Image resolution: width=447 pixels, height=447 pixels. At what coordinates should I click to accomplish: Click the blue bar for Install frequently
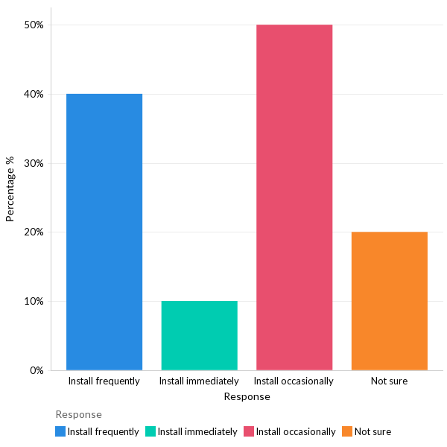pyautogui.click(x=104, y=232)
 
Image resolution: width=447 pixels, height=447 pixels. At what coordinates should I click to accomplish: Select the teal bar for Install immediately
pyautogui.click(x=199, y=335)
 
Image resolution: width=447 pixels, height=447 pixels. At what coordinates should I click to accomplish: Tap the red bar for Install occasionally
pyautogui.click(x=294, y=197)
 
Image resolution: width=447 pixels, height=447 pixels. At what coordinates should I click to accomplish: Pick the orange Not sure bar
pyautogui.click(x=389, y=301)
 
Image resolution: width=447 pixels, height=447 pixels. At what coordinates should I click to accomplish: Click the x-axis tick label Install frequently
pyautogui.click(x=104, y=381)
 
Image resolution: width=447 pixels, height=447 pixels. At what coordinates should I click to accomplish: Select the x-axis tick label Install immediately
pyautogui.click(x=199, y=381)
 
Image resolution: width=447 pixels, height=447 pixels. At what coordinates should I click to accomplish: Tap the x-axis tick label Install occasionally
pyautogui.click(x=294, y=381)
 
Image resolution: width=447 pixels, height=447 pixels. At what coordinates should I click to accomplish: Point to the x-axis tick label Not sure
pyautogui.click(x=389, y=381)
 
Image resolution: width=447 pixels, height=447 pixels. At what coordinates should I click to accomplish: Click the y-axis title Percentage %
pyautogui.click(x=10, y=189)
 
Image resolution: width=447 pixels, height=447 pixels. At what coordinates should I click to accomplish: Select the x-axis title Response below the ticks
pyautogui.click(x=247, y=397)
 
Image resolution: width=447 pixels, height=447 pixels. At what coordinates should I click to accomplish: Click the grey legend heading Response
pyautogui.click(x=78, y=414)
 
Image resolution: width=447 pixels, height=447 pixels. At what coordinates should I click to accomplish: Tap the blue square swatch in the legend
pyautogui.click(x=60, y=431)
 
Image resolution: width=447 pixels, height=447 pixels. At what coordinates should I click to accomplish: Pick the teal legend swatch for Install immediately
pyautogui.click(x=150, y=431)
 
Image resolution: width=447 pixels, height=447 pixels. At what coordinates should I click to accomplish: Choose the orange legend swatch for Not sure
pyautogui.click(x=347, y=431)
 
